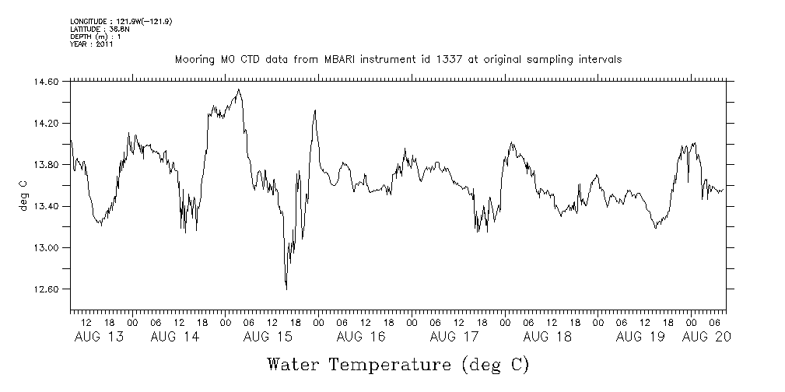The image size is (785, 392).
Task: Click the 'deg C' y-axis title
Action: pos(24,195)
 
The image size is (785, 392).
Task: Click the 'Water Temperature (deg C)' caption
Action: pos(398,364)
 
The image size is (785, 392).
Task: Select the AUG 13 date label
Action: pos(98,337)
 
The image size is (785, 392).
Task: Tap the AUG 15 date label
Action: pos(267,337)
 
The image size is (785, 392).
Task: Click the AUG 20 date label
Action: pos(706,337)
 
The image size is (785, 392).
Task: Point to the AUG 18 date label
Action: pos(547,337)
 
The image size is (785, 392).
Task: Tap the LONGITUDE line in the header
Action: pos(121,21)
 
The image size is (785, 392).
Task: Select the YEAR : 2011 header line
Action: pos(92,44)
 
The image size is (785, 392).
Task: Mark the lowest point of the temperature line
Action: pos(286,289)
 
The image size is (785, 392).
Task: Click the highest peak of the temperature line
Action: pos(238,89)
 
